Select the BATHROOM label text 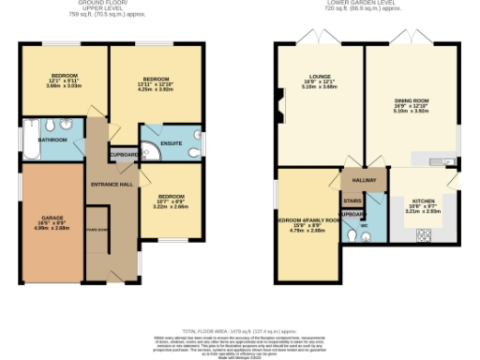click(x=52, y=139)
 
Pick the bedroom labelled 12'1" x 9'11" click(x=64, y=80)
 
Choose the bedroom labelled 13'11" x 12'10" click(x=156, y=83)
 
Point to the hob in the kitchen click(x=422, y=232)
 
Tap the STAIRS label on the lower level click(x=352, y=201)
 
